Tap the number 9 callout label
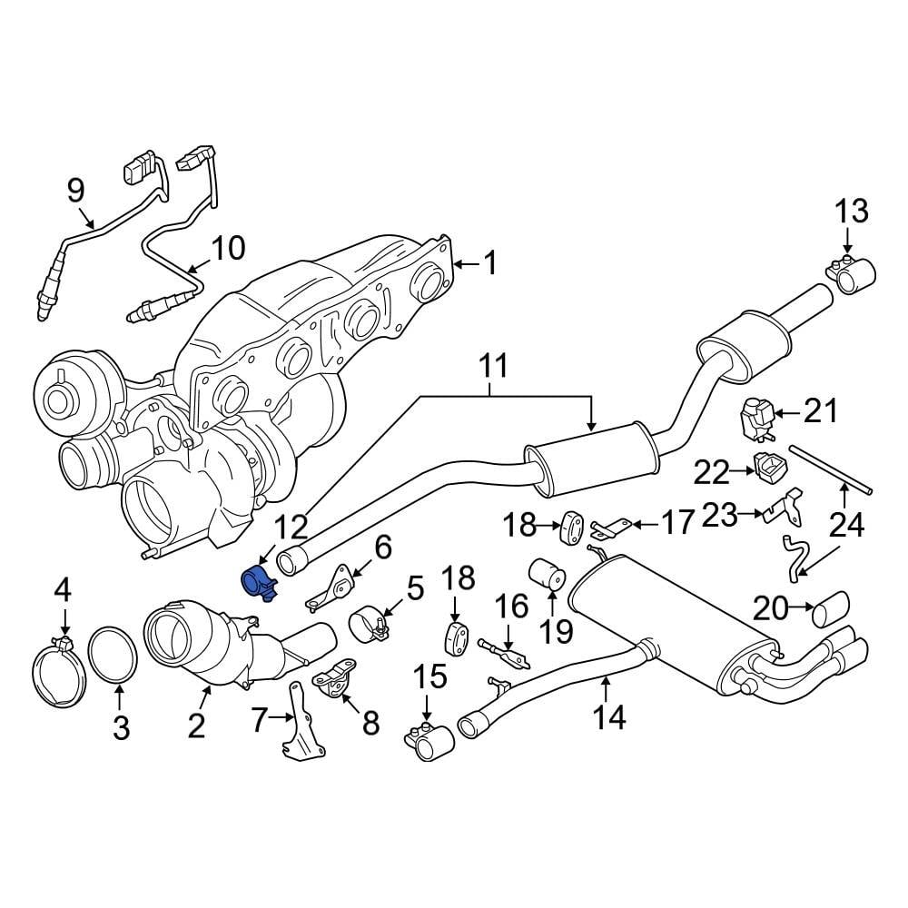(76, 190)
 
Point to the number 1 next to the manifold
(489, 264)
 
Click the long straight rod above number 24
(832, 469)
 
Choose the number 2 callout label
(196, 725)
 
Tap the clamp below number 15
(429, 742)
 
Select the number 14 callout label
(609, 717)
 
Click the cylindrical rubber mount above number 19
(548, 574)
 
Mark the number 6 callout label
(382, 547)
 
